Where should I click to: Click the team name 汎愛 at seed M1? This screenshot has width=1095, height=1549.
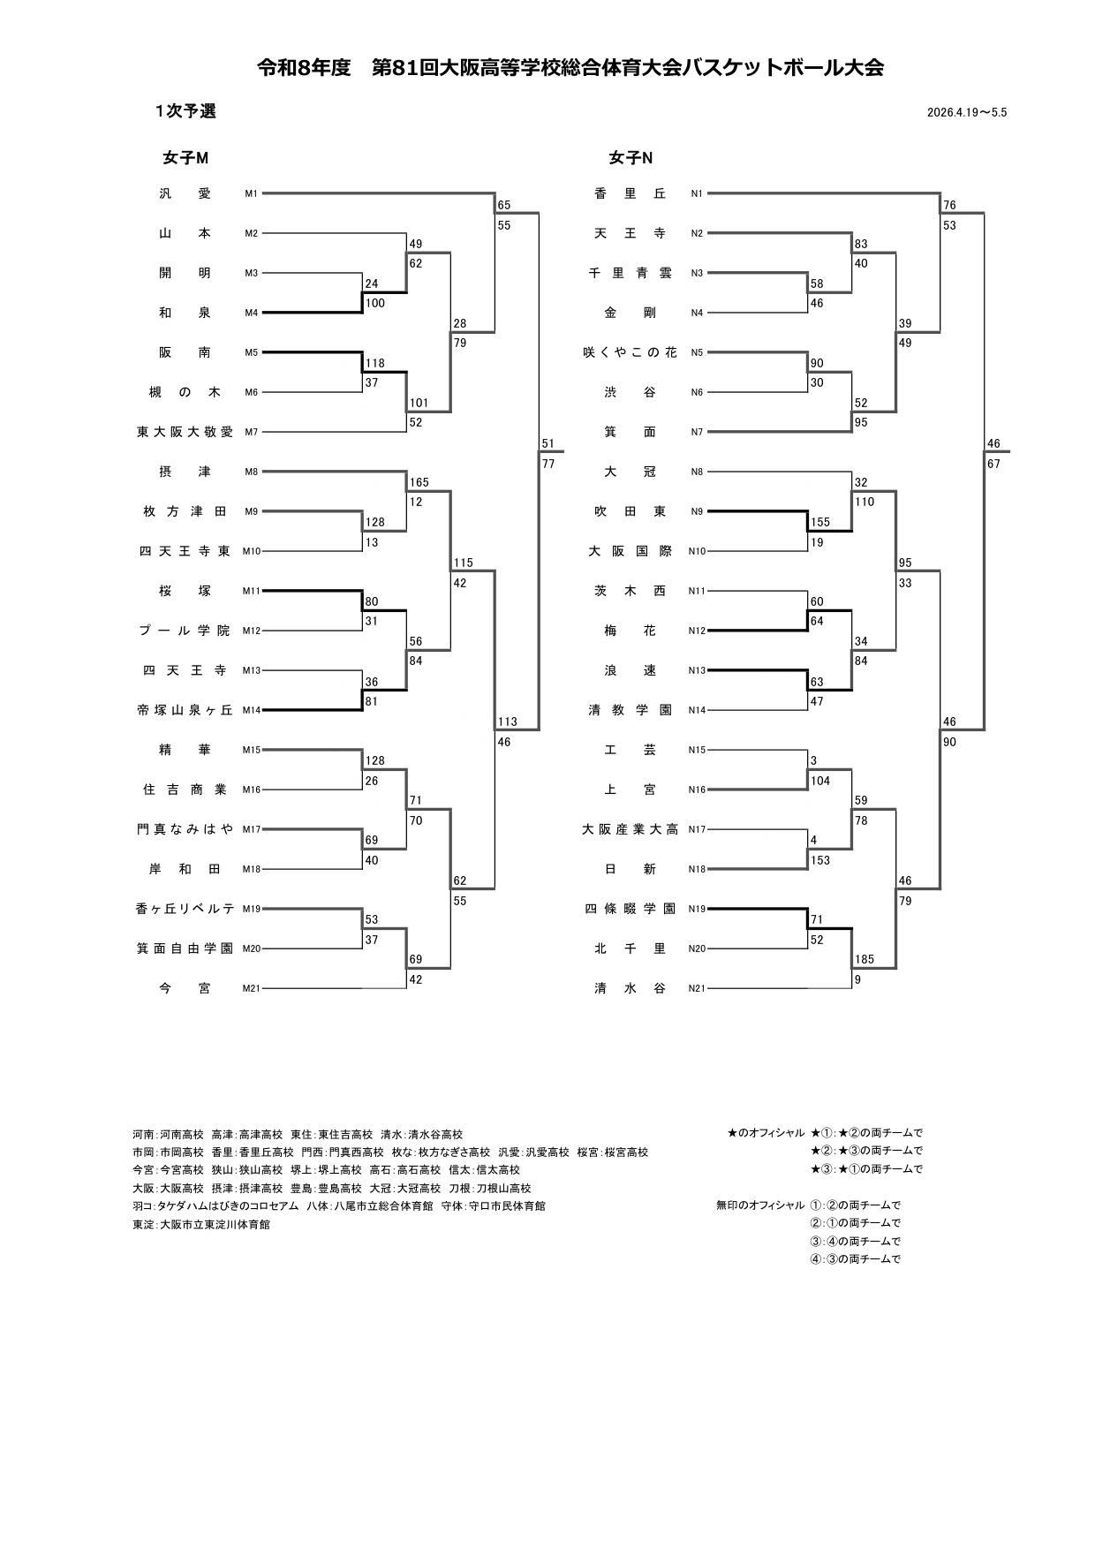point(185,193)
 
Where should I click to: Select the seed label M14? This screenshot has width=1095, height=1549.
point(252,710)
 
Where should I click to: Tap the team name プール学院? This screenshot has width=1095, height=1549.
point(185,631)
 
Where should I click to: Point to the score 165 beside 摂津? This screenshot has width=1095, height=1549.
point(419,482)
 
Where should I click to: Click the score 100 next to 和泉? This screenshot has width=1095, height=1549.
point(374,304)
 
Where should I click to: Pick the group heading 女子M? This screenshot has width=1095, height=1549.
point(185,158)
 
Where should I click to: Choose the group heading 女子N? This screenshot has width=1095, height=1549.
point(631,158)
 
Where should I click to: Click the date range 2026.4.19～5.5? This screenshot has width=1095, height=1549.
point(967,112)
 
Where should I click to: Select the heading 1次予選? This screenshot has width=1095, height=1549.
point(185,111)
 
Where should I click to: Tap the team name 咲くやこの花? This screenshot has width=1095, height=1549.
point(631,352)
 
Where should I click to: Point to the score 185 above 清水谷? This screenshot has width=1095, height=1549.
point(865,959)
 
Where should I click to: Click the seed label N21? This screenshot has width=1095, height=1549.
point(698,989)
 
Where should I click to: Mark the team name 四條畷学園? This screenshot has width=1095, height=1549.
point(631,909)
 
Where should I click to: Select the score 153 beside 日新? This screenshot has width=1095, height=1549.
point(820,860)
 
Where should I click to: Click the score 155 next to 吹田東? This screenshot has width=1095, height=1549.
point(820,522)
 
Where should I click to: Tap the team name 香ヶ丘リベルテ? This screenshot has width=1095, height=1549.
point(185,909)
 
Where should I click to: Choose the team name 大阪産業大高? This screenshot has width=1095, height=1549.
point(631,829)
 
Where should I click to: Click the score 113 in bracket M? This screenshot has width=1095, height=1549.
point(507,722)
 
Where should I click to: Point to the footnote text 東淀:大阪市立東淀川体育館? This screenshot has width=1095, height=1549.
point(201,1225)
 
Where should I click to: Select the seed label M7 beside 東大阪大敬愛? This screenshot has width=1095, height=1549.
point(252,432)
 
